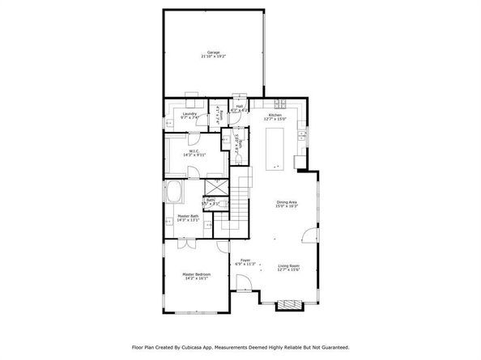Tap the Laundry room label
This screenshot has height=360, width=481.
189,116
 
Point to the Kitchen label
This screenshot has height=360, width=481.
276,116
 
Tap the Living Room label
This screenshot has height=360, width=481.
289,268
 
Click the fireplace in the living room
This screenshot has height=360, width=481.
287,305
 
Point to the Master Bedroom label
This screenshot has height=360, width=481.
196,276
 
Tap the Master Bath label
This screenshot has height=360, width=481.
188,218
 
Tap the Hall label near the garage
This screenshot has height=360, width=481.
240,107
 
